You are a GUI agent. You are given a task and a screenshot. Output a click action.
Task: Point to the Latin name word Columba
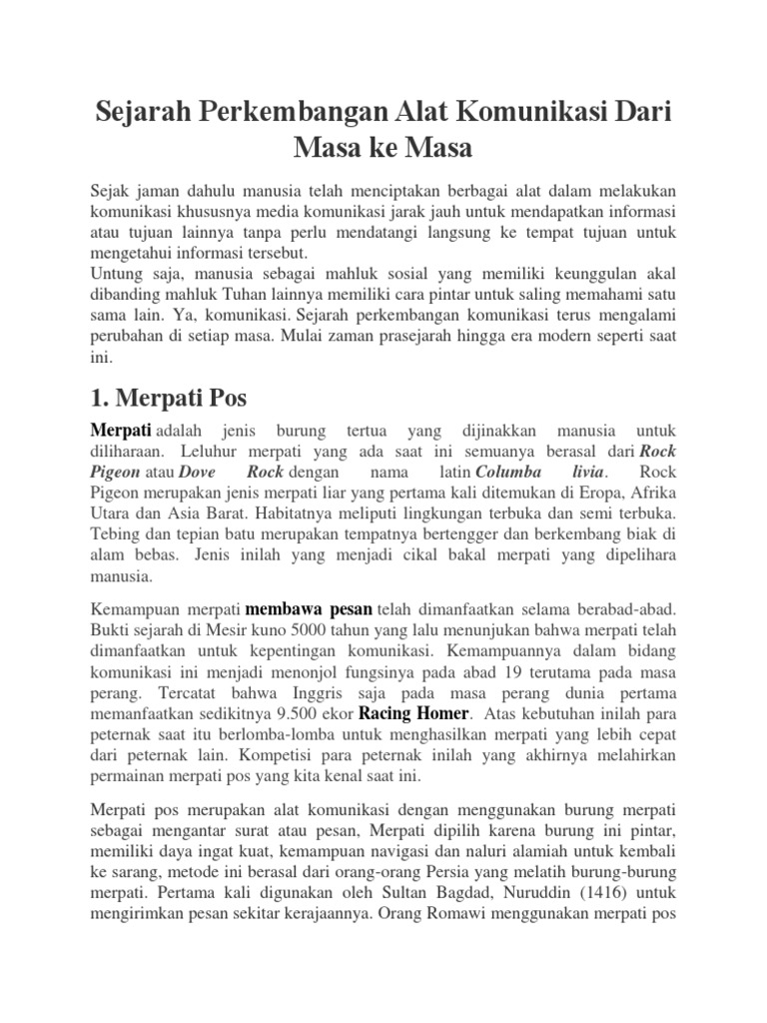pyautogui.click(x=510, y=472)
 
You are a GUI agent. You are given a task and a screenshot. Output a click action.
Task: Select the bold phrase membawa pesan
pyautogui.click(x=310, y=607)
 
